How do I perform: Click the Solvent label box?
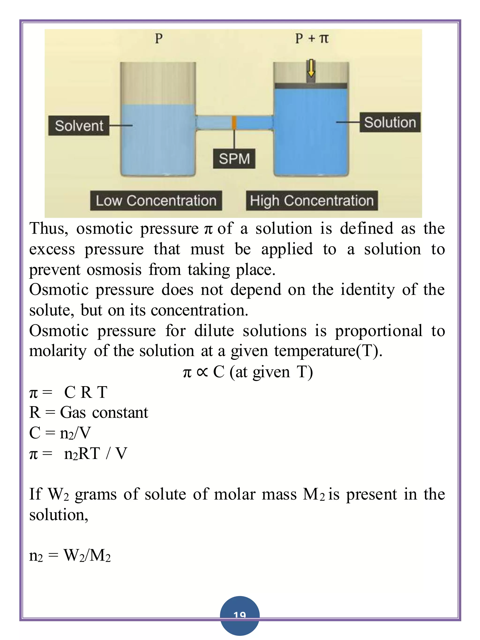pos(79,125)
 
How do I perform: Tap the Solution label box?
pos(390,122)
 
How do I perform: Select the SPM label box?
pos(234,159)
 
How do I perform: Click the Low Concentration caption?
pos(156,201)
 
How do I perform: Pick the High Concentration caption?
pos(312,201)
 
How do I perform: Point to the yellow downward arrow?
pos(311,68)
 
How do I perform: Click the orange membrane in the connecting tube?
pos(234,123)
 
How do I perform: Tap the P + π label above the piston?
pos(312,38)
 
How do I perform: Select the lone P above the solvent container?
pos(158,38)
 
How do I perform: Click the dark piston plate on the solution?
pos(311,86)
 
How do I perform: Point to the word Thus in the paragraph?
pos(49,229)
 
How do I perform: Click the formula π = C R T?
pos(68,393)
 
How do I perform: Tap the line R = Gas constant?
pos(89,413)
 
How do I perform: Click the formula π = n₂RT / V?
pos(78,453)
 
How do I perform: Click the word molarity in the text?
pos(58,351)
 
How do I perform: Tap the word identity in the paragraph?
pos(367,290)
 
